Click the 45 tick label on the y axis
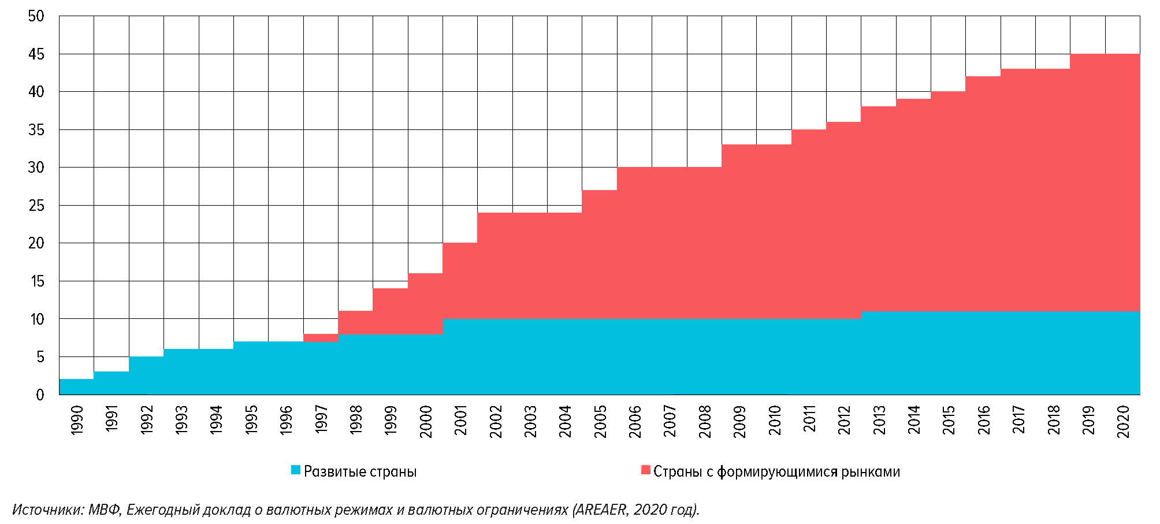(x=36, y=54)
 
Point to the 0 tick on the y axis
(x=40, y=395)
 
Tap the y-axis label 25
(x=36, y=206)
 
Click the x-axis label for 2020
(x=1123, y=421)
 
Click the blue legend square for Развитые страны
(x=296, y=470)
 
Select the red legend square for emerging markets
(x=646, y=470)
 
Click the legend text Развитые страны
(x=360, y=472)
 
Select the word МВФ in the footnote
(x=104, y=510)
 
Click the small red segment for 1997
(x=321, y=337)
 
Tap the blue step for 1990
(x=76, y=387)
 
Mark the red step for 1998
(x=355, y=322)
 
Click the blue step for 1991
(x=111, y=383)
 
